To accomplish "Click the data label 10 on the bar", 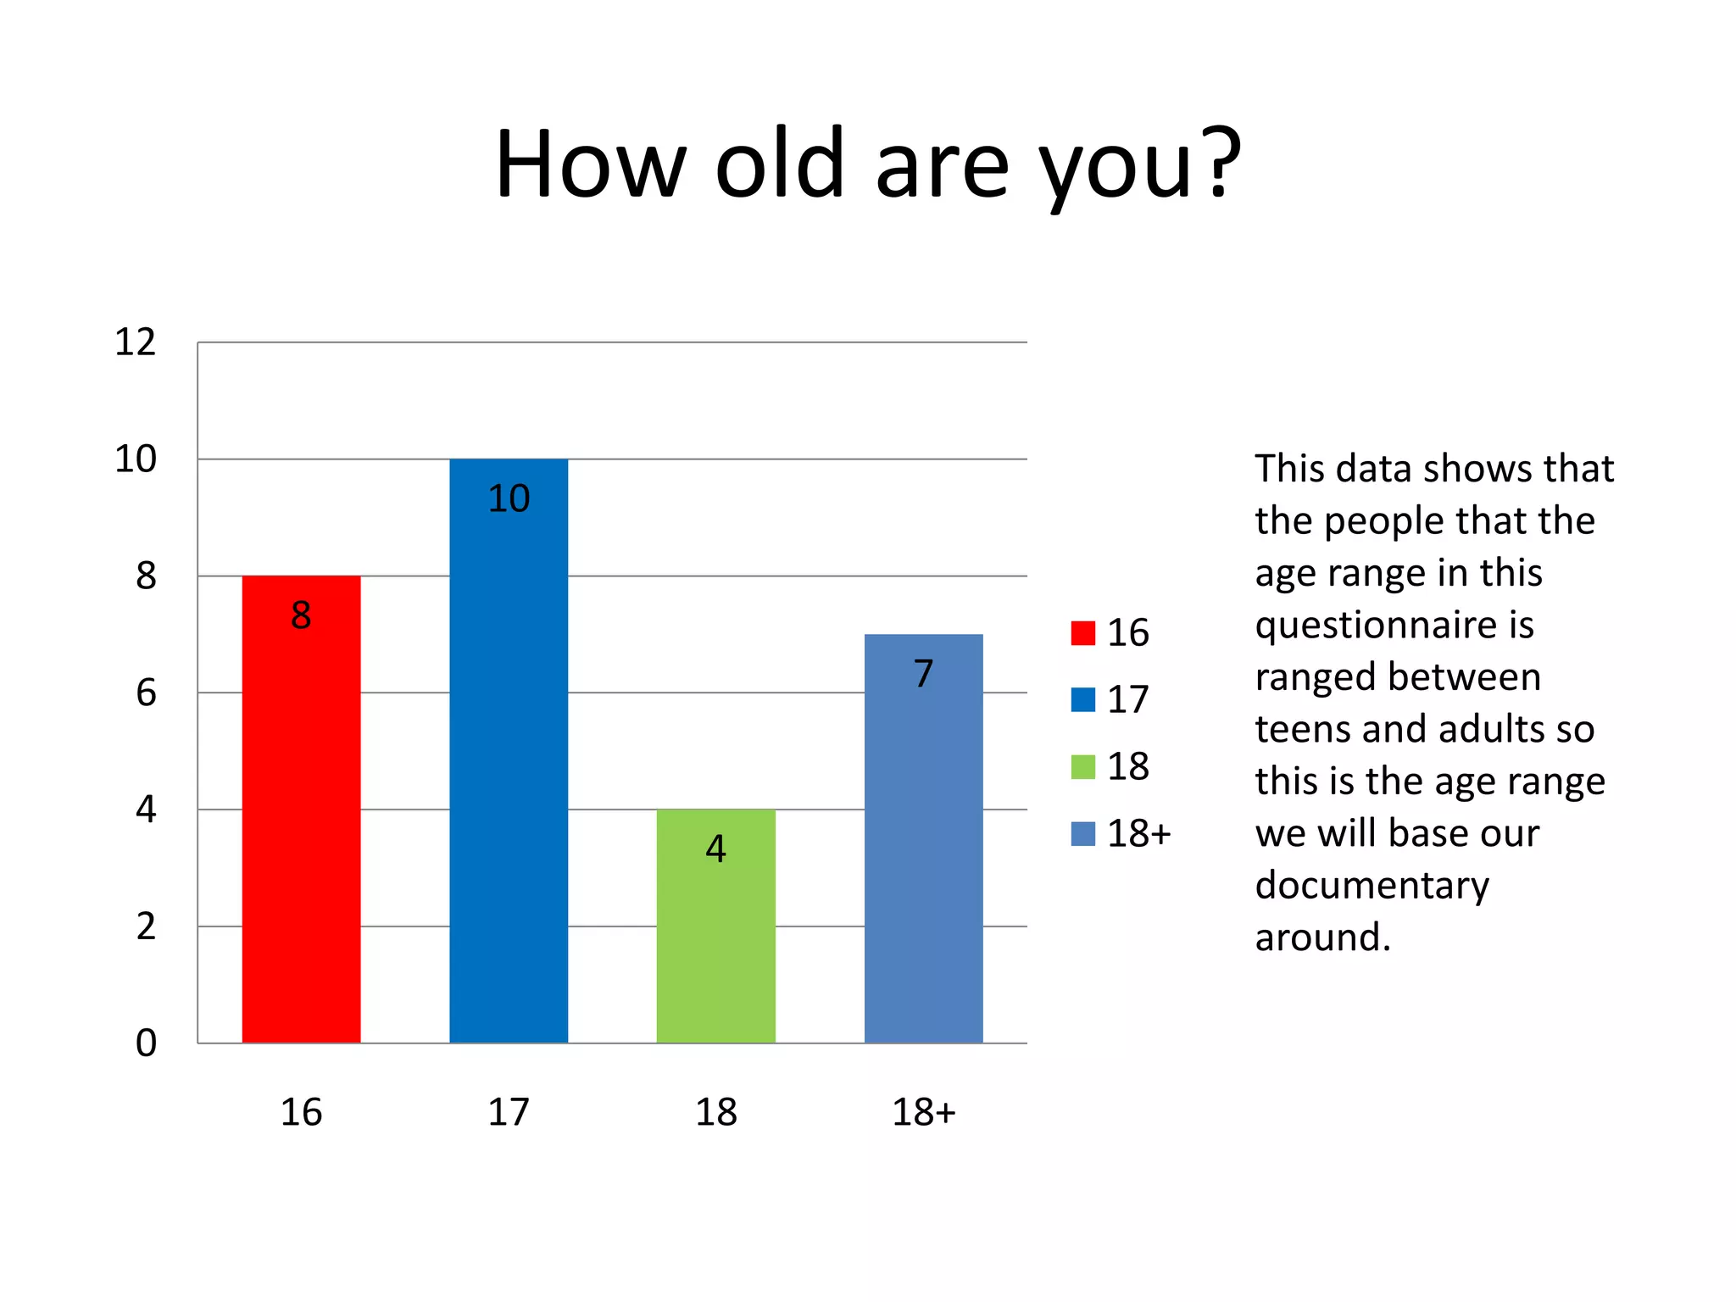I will coord(509,498).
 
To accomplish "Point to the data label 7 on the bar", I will coord(923,674).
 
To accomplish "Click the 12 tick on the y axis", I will coord(136,342).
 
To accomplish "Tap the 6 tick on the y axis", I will coord(146,693).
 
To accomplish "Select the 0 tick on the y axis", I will coord(146,1043).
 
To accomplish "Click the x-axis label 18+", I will coord(923,1112).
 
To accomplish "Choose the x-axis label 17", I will coord(509,1112).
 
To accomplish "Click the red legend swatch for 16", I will coord(1082,633).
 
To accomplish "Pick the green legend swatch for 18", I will coord(1082,766).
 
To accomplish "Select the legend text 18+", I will coord(1139,834).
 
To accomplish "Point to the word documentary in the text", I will coord(1372,886).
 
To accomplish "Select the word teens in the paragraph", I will coord(1302,729).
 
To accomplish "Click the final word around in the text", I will coord(1322,938).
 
